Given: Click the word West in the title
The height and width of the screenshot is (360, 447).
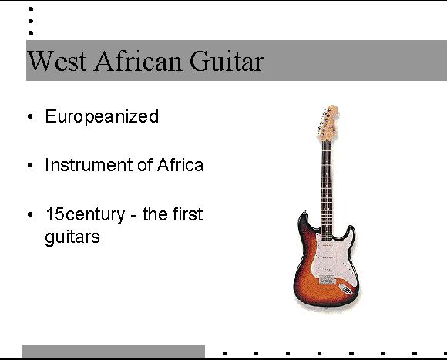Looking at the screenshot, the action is tap(57, 61).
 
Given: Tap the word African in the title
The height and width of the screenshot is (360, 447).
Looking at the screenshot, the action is tap(138, 60).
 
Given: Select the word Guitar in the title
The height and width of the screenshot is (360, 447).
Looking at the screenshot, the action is tap(227, 60).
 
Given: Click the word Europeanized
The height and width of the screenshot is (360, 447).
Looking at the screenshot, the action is tap(102, 116).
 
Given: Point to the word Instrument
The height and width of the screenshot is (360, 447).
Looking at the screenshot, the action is tap(89, 165).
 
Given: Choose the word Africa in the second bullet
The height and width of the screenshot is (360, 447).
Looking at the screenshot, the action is tap(180, 165).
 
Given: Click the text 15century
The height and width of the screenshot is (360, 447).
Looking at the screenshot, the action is tap(86, 214).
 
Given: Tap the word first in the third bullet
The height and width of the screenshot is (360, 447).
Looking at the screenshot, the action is tap(187, 214).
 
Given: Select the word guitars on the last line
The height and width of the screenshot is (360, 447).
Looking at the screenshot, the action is tap(72, 237).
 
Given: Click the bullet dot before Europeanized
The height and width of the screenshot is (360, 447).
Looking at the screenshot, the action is tap(30, 116).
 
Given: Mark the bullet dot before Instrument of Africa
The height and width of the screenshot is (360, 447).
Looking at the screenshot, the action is tap(30, 165).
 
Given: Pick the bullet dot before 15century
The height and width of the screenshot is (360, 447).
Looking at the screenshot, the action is tap(30, 214).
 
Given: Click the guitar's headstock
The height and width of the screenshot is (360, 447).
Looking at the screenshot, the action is tap(328, 123).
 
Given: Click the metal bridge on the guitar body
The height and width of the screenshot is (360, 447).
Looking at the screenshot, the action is tap(327, 280).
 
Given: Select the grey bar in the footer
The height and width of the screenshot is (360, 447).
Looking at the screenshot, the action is tap(113, 352).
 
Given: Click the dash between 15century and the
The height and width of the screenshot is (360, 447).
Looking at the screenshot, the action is tap(133, 216).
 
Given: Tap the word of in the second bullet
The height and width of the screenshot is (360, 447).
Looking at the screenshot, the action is tap(145, 165).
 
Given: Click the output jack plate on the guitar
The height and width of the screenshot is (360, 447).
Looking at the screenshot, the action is tap(346, 289).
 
